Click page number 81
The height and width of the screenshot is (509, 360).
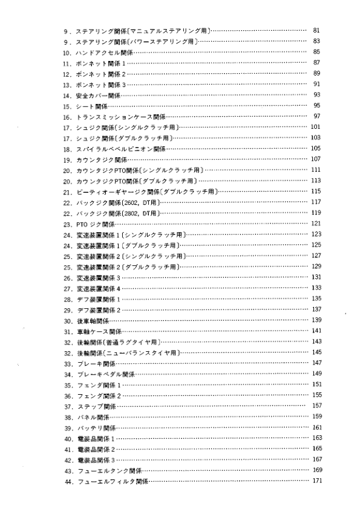[316, 30]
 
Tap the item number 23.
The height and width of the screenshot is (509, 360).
[67, 224]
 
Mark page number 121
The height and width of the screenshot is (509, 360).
[316, 224]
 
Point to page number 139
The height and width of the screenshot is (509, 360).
[316, 320]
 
